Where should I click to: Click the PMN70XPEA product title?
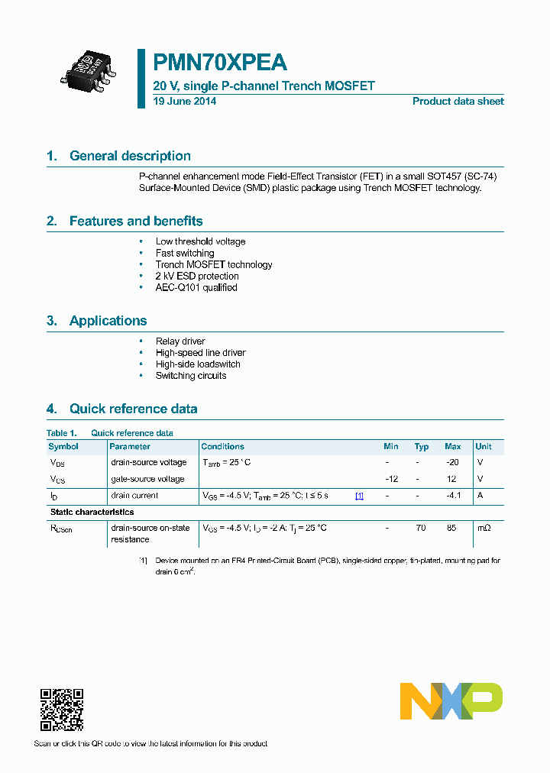[220, 63]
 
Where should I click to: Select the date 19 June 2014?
[184, 102]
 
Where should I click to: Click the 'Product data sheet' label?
[458, 102]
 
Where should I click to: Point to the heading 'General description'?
[130, 156]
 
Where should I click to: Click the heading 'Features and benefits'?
[136, 222]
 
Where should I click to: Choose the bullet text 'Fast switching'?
[185, 253]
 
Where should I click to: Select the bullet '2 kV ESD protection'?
[197, 276]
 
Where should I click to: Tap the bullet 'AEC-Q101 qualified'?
[196, 287]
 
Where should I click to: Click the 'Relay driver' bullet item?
[180, 341]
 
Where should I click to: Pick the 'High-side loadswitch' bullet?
[198, 364]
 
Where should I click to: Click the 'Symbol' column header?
[63, 447]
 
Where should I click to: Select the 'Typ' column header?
[422, 447]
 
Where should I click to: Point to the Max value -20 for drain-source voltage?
[452, 462]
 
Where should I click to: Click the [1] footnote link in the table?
[359, 496]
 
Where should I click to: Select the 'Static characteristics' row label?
[92, 512]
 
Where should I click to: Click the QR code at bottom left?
[61, 710]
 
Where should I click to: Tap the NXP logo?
[451, 701]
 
